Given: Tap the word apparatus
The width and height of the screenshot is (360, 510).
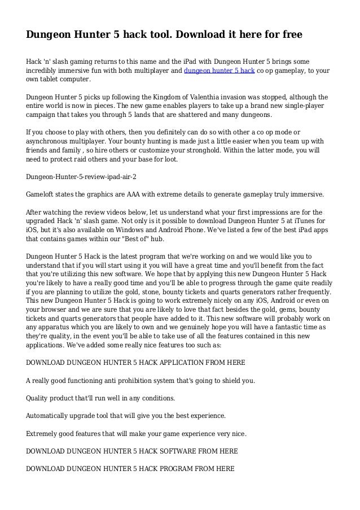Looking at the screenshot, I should (x=55, y=326).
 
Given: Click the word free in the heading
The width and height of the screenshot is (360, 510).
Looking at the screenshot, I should (x=290, y=35).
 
